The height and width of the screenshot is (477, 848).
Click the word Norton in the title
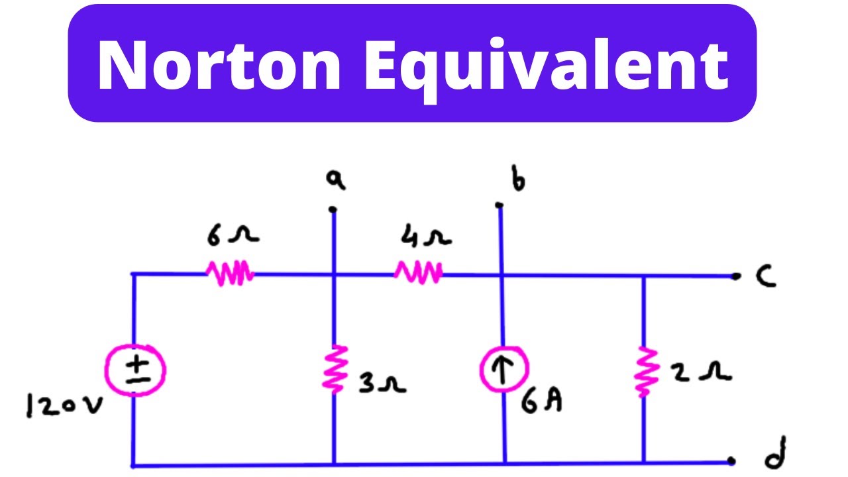click(x=219, y=65)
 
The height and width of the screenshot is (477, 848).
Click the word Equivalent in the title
click(x=547, y=70)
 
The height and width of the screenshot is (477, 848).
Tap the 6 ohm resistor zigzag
click(x=230, y=272)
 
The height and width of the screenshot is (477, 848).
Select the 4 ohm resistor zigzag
click(x=418, y=272)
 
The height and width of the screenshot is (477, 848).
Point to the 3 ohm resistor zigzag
click(x=335, y=369)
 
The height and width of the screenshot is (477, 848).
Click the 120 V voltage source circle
click(x=135, y=370)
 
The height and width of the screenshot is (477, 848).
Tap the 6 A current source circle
click(x=504, y=369)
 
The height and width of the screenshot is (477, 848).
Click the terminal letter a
click(x=336, y=180)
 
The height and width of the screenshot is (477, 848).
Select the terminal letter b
click(x=518, y=178)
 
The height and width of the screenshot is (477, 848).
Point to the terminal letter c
click(x=765, y=276)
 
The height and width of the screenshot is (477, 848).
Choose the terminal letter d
click(x=776, y=453)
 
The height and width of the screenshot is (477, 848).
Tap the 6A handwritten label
click(x=542, y=401)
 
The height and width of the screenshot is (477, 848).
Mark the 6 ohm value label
click(x=233, y=235)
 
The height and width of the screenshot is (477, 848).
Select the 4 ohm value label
click(x=426, y=235)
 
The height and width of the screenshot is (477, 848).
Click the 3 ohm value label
click(x=382, y=383)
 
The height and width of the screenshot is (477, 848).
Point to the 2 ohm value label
click(x=700, y=372)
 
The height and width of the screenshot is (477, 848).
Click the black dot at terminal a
click(x=333, y=209)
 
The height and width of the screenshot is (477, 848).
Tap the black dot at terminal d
click(x=731, y=460)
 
